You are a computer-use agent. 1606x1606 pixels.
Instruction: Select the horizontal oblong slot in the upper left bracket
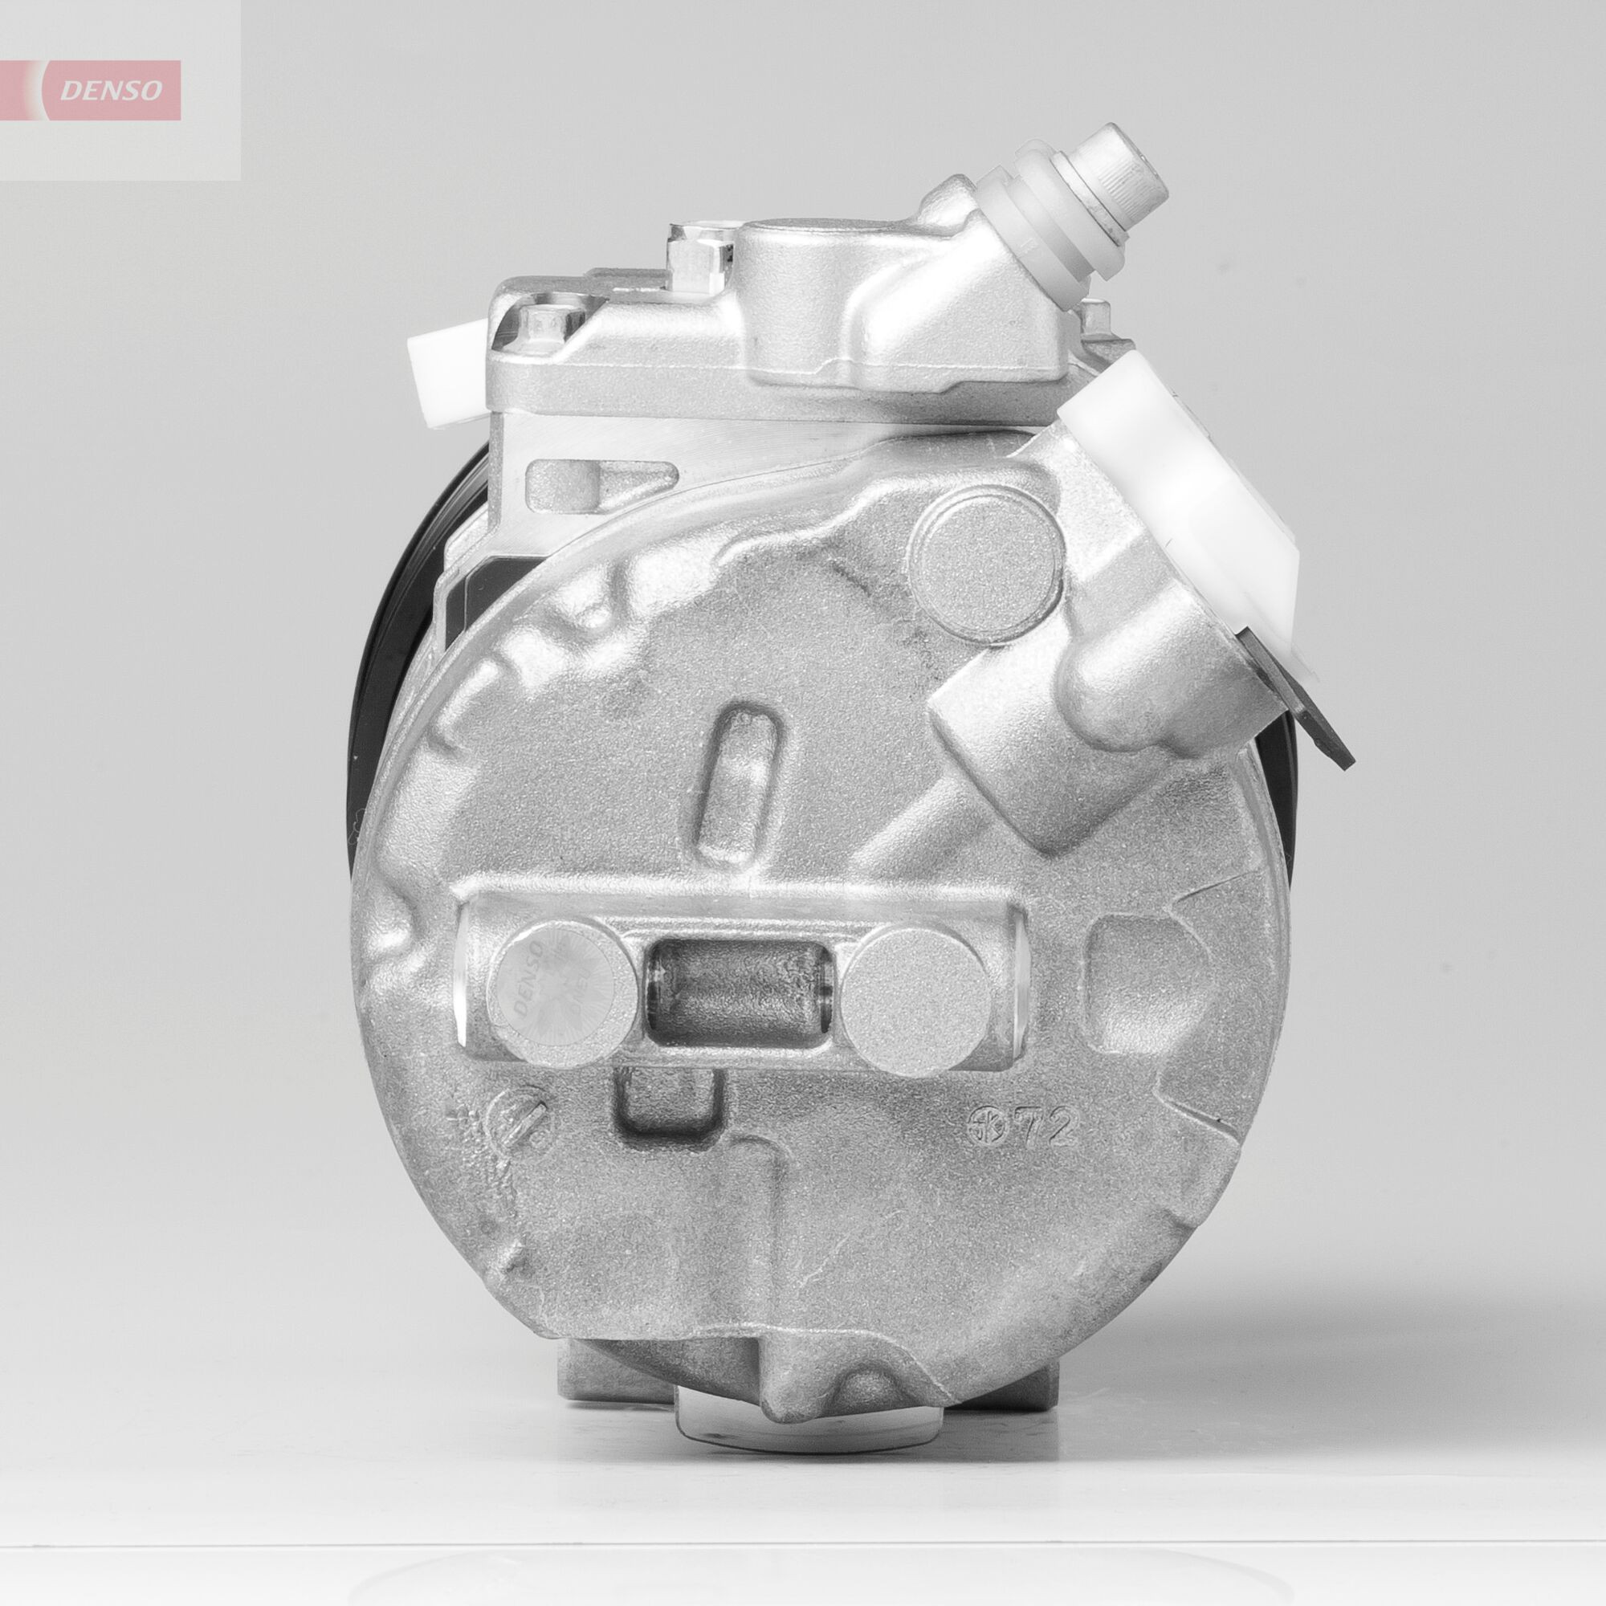click(x=567, y=481)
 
